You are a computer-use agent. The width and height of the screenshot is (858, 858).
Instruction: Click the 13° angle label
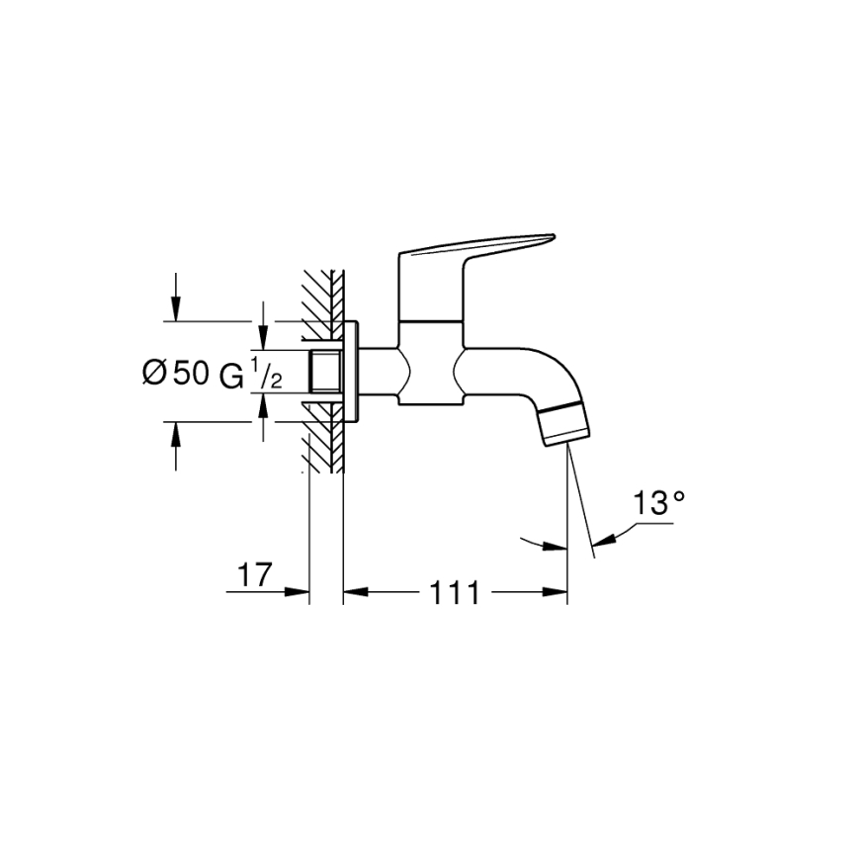click(659, 504)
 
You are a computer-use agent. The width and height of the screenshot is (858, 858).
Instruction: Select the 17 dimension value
click(254, 575)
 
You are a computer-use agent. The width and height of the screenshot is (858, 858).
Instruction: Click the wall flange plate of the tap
click(351, 372)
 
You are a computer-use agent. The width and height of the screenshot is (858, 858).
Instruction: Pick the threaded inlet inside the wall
click(323, 372)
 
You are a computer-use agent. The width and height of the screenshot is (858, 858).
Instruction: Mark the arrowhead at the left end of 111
click(352, 593)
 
